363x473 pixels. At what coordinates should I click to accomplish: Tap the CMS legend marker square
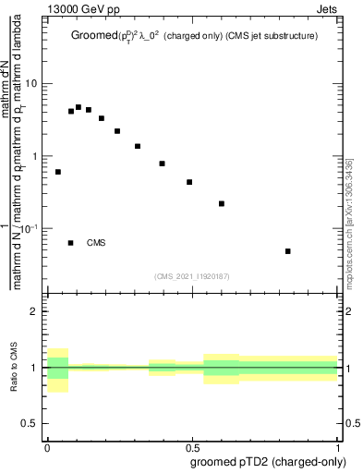coord(71,243)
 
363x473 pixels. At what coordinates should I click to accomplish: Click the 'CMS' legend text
coord(97,243)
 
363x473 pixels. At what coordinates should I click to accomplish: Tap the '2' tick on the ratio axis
coord(34,312)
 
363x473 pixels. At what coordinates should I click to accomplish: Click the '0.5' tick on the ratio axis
coord(30,422)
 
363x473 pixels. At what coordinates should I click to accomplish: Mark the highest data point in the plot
coord(79,107)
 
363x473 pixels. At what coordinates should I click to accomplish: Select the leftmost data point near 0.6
coord(58,172)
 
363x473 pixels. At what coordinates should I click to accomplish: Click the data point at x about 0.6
coord(222,203)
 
